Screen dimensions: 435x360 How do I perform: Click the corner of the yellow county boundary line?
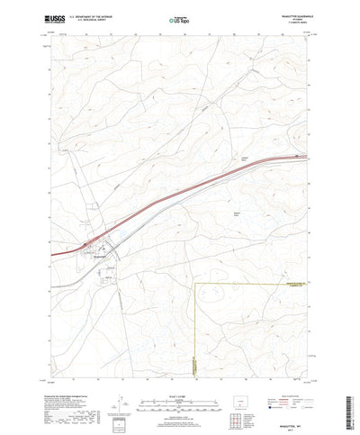point(195,284)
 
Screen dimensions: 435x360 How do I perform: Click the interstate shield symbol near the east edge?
point(298,155)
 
